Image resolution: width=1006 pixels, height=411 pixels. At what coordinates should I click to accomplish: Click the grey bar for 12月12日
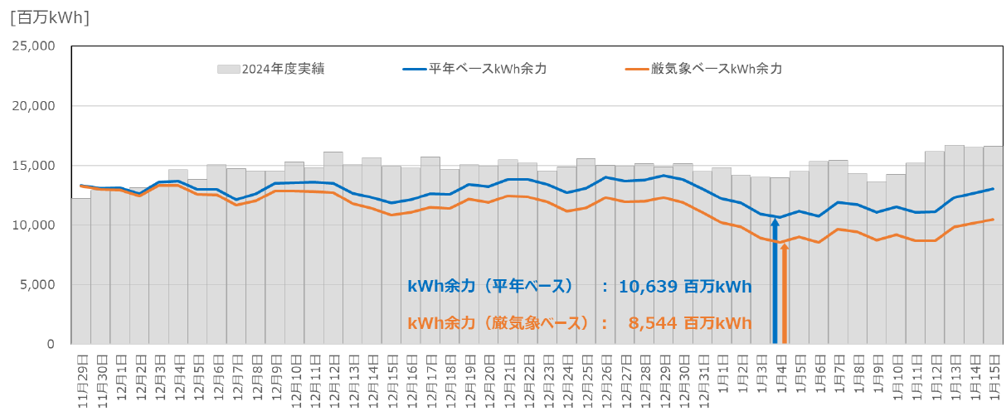333,249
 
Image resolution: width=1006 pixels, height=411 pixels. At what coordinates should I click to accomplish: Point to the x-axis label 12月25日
586,378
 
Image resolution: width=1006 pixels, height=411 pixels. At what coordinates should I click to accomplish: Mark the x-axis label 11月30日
100,378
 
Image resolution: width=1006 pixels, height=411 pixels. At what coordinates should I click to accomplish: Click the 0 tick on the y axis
51,345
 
